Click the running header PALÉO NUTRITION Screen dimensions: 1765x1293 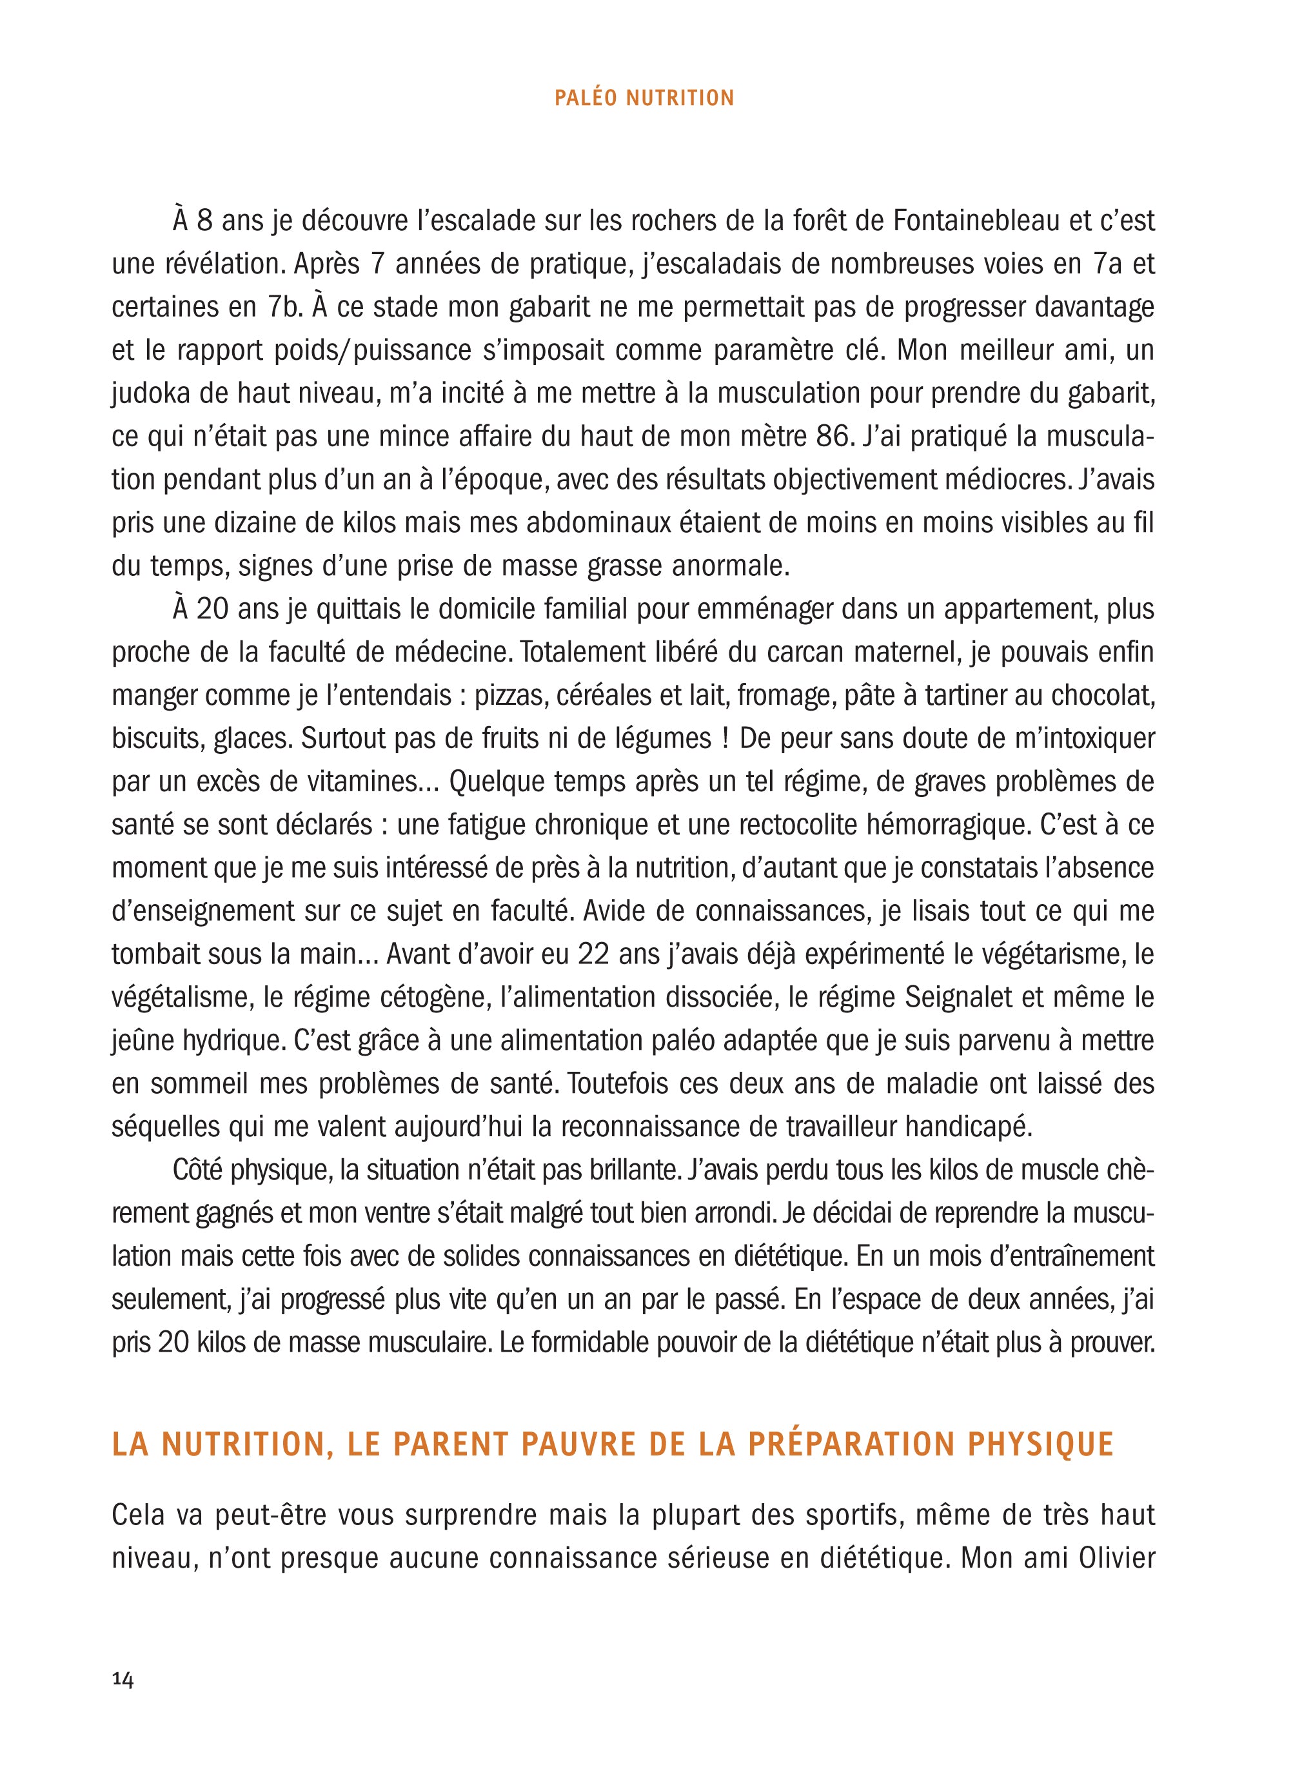click(644, 98)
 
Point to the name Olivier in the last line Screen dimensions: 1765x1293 click(1117, 1557)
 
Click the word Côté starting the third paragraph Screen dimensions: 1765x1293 click(199, 1170)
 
